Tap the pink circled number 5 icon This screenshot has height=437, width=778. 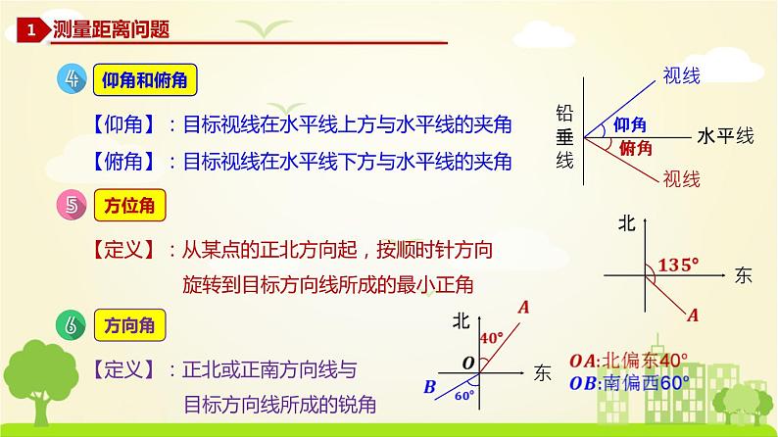[x=71, y=208]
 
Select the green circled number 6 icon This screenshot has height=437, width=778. [x=71, y=324]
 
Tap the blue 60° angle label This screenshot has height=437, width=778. [x=463, y=395]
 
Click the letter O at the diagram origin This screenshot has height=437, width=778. [x=468, y=364]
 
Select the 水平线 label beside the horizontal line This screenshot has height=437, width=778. [x=724, y=135]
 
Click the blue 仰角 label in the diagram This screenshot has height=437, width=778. [x=631, y=124]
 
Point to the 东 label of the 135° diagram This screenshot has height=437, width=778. [x=742, y=276]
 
